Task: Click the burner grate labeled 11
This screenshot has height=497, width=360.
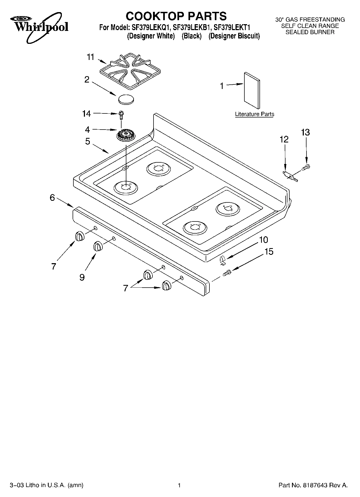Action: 130,71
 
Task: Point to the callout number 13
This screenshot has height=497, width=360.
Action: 305,133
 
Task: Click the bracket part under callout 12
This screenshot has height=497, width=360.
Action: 290,176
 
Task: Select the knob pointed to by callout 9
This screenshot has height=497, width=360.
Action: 98,246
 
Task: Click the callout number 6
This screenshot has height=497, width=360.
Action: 52,198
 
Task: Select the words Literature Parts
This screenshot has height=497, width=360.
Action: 254,114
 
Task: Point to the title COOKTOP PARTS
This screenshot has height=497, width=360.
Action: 176,16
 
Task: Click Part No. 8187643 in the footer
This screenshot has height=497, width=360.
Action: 313,485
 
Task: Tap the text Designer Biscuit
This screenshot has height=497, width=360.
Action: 234,36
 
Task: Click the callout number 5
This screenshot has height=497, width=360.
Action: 88,141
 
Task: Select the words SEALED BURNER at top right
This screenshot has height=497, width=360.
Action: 310,32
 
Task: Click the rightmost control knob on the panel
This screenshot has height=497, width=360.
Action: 166,285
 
